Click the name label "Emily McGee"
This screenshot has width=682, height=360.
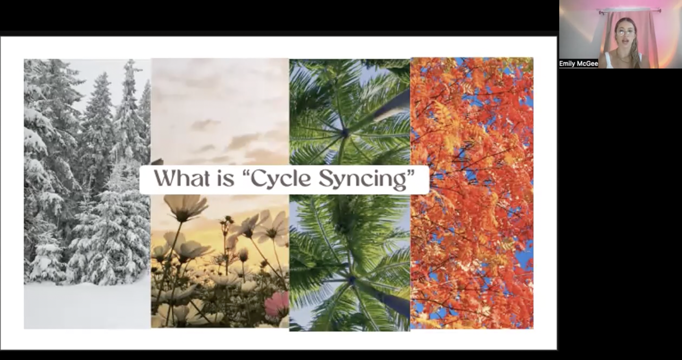[x=578, y=64]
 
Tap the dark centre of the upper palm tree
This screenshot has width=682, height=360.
[x=345, y=131]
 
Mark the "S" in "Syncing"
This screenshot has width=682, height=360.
[x=325, y=178]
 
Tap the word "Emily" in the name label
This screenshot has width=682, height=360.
[x=567, y=64]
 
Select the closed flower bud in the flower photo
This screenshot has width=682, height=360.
[x=243, y=255]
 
